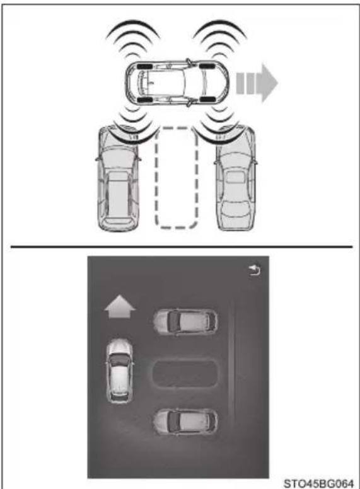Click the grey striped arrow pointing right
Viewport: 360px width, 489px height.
[x=257, y=83]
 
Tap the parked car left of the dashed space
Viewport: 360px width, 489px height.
[x=118, y=178]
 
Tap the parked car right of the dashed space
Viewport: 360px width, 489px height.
[x=236, y=178]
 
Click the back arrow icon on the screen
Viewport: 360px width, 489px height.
[x=255, y=270]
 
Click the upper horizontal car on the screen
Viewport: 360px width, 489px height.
[x=185, y=321]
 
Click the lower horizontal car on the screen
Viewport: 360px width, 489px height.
[x=185, y=422]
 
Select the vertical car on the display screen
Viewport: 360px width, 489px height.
[x=119, y=371]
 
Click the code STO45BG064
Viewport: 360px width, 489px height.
[x=318, y=483]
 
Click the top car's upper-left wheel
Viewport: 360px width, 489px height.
[x=144, y=66]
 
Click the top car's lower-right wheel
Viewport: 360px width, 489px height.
[x=207, y=100]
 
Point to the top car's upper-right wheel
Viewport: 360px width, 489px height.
[x=207, y=66]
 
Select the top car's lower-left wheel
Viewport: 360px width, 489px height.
[x=144, y=100]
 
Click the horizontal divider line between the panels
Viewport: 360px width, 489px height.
[x=182, y=246]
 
